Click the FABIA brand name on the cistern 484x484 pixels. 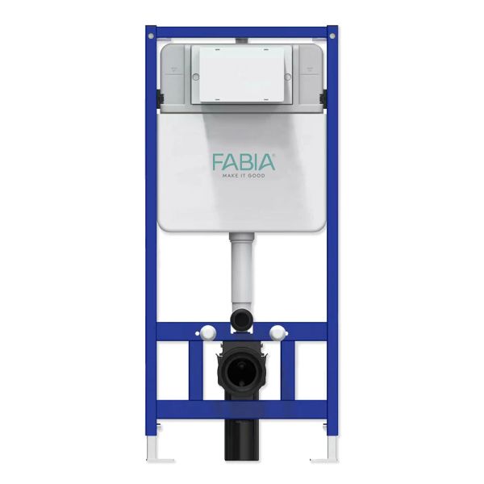click(244, 163)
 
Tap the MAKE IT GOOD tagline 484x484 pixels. click(244, 176)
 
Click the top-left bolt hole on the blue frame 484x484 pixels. click(151, 36)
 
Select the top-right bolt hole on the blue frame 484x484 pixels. click(332, 36)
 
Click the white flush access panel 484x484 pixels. click(242, 75)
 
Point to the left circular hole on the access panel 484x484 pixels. click(196, 77)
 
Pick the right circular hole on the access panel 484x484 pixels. click(287, 77)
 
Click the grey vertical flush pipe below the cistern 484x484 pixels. click(241, 272)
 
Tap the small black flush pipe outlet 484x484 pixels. click(241, 319)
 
